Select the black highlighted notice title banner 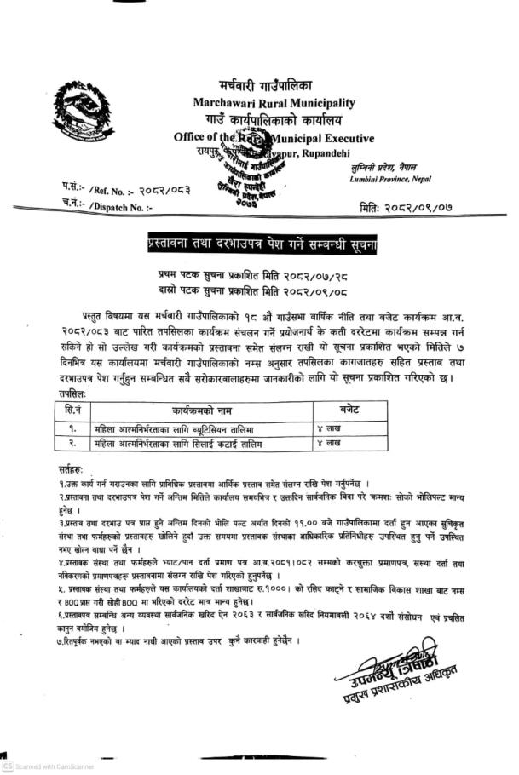264,245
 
